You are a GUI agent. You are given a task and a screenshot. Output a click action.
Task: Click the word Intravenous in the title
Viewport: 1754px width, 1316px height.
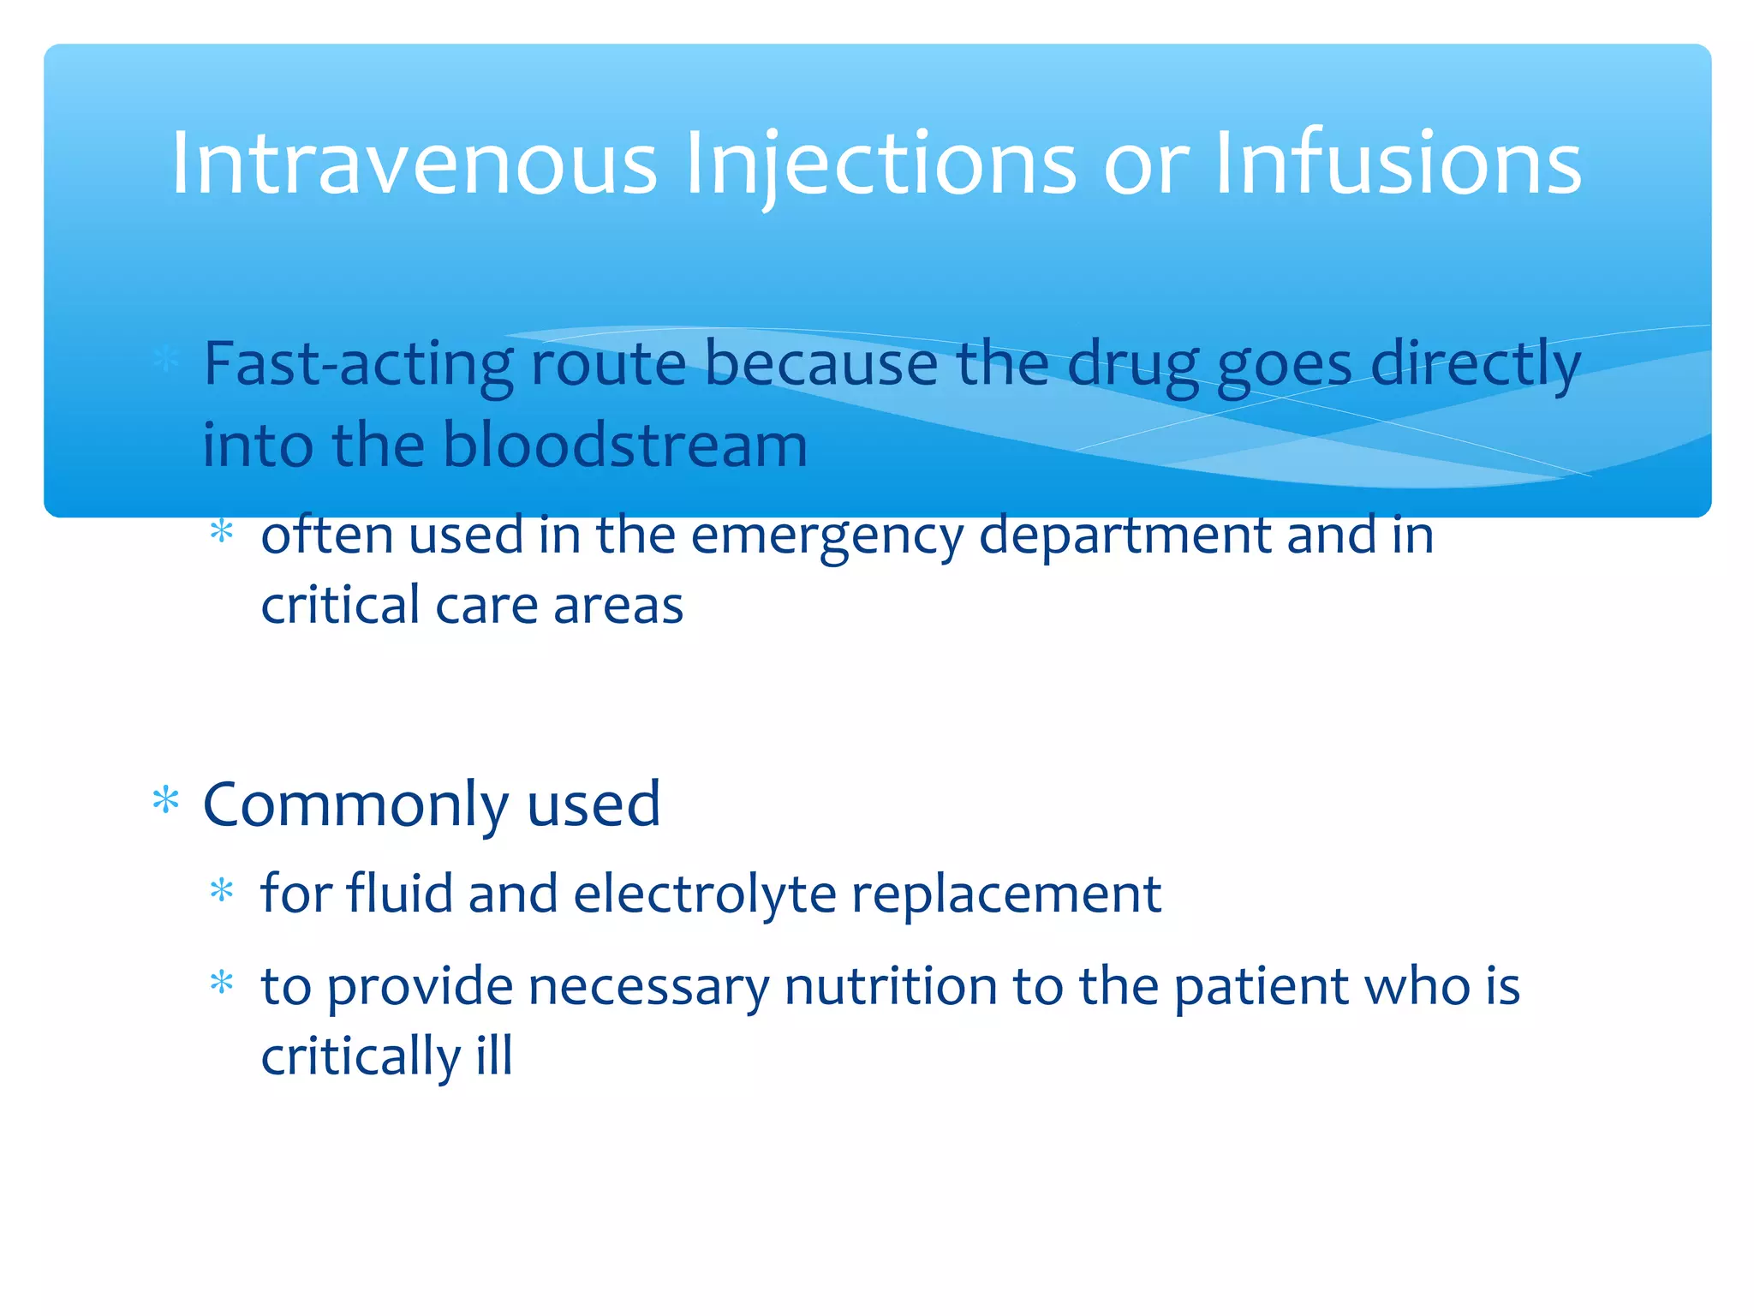pos(414,163)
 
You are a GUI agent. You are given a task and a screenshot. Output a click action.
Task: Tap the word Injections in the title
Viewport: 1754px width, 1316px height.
pos(880,163)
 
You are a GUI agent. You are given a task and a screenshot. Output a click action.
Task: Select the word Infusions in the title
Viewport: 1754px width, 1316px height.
pos(1398,163)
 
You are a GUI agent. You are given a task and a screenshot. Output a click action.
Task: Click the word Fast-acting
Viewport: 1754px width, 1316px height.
pos(358,364)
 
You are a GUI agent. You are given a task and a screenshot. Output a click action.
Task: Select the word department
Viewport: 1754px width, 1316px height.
pos(1125,536)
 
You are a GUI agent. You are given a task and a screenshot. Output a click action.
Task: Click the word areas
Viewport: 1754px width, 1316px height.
pos(617,605)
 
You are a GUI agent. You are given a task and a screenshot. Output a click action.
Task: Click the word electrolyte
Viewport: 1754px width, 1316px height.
pos(704,894)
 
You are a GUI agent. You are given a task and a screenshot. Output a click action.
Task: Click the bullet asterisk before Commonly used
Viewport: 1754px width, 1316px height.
pos(165,801)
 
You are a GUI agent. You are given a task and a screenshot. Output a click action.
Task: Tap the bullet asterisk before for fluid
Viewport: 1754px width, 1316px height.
pos(222,891)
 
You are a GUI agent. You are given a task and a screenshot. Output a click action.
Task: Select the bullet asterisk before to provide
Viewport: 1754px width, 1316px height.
pos(222,982)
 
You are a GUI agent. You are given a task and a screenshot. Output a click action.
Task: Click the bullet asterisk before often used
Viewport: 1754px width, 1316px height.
pos(222,532)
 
